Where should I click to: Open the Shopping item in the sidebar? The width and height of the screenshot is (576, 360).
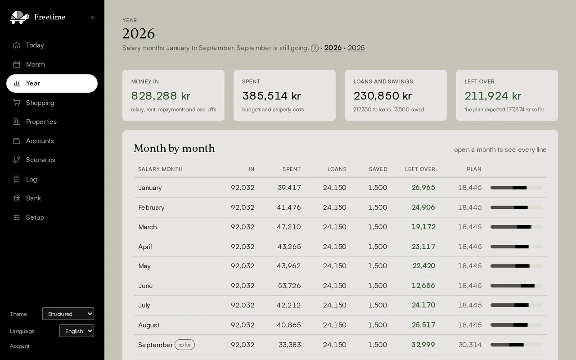(34, 103)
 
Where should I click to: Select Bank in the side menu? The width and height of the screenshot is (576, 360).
(27, 198)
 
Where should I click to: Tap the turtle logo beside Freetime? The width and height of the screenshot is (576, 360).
(19, 17)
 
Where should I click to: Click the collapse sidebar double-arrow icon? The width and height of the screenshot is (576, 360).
(93, 17)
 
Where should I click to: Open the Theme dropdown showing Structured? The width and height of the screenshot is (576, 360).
(68, 314)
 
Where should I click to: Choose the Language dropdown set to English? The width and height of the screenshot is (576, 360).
(76, 331)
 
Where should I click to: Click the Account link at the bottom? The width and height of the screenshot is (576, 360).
(19, 346)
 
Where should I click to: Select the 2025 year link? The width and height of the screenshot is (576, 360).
(356, 48)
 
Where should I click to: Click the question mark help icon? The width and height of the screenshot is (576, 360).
(315, 48)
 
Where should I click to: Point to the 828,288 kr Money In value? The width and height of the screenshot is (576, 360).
(161, 96)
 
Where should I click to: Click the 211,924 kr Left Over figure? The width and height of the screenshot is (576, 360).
(493, 96)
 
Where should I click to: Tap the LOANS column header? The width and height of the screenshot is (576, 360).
(337, 169)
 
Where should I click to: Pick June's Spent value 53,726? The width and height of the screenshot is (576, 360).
(289, 285)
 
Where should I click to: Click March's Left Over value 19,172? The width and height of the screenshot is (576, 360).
(423, 227)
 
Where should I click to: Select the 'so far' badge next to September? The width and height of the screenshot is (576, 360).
(184, 345)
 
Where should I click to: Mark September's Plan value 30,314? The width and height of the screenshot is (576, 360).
(470, 345)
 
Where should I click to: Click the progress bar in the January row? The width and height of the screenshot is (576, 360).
(516, 188)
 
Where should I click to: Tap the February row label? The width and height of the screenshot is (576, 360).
(151, 207)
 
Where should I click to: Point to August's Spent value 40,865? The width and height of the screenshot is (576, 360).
(289, 325)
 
